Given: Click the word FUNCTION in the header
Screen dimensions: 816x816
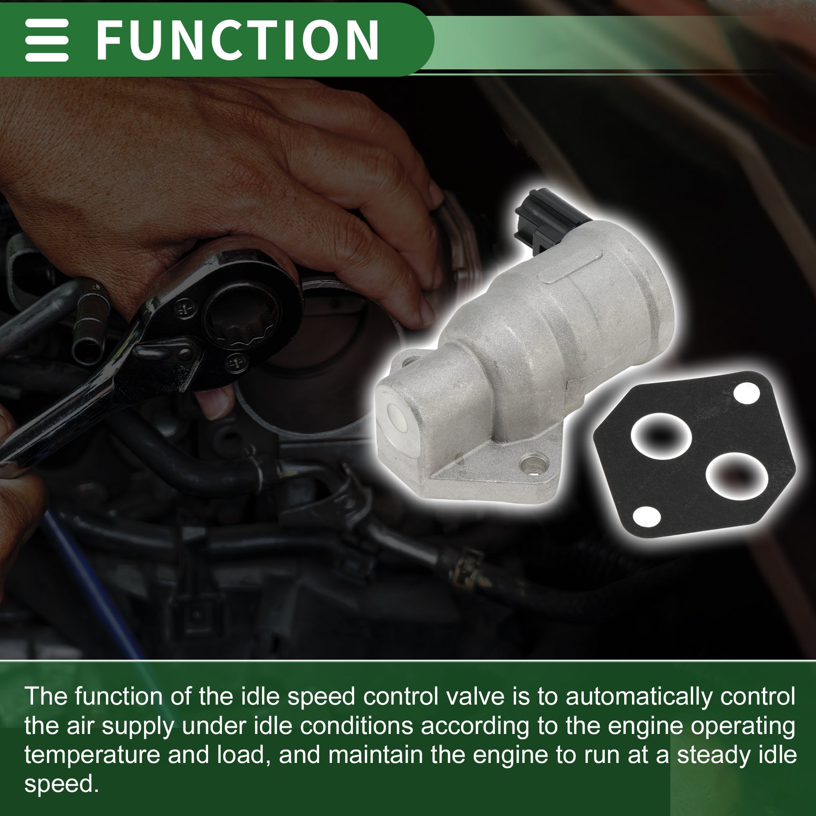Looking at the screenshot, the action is tap(238, 39).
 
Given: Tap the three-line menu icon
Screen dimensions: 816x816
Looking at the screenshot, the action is tap(47, 40).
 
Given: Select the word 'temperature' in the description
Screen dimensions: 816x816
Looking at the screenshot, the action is tap(92, 755).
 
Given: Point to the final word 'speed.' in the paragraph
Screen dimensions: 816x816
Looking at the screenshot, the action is tap(61, 785).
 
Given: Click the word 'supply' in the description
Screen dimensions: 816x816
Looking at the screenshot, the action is tap(138, 727).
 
